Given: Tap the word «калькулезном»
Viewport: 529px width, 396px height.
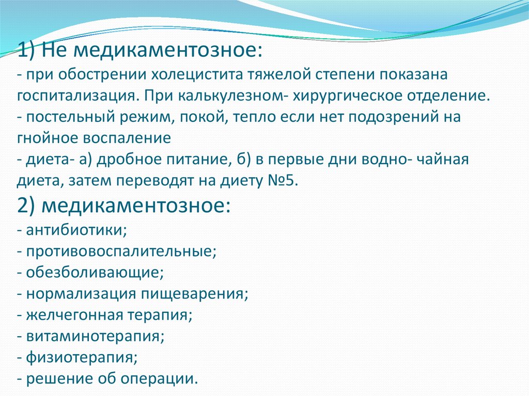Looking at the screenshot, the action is pos(229,97).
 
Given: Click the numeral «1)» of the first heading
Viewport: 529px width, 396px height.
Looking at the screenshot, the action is pos(26,51).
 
